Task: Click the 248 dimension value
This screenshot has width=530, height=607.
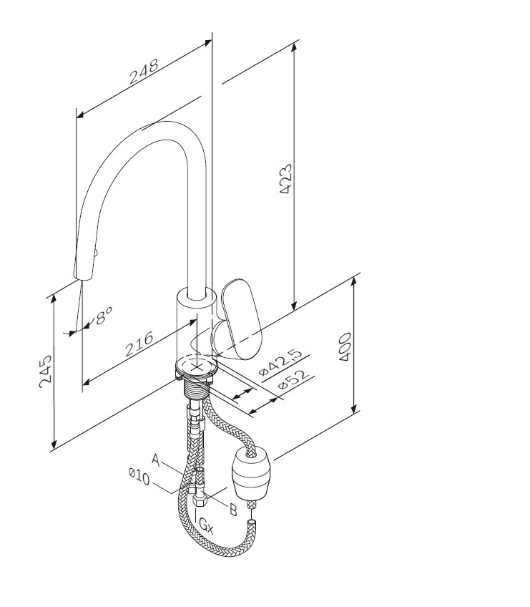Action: [x=144, y=72]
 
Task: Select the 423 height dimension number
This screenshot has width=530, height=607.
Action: [x=286, y=179]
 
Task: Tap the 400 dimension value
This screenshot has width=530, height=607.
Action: [x=345, y=346]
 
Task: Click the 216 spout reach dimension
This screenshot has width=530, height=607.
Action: [x=139, y=344]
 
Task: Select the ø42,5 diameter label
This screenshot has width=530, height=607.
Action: [x=280, y=362]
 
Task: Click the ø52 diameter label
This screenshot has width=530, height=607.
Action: [x=294, y=380]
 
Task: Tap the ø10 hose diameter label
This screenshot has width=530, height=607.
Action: [x=139, y=476]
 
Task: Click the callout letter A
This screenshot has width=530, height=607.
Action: [x=155, y=460]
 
